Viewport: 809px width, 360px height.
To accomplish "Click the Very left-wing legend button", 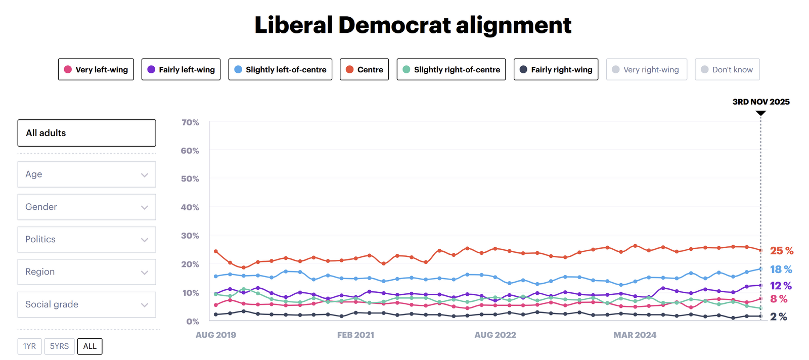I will click(96, 70).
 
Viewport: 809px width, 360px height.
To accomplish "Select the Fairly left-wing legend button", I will click(181, 70).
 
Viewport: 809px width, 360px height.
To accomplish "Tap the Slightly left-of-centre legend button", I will click(280, 70).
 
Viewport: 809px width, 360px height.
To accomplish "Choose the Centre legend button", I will click(364, 70).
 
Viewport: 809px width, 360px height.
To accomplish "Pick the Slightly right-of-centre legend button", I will click(451, 70).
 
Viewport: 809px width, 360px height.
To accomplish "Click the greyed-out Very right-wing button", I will click(646, 70).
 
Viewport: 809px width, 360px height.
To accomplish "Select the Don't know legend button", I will click(727, 70).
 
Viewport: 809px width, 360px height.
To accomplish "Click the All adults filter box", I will click(86, 133).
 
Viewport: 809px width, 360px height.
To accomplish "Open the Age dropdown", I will click(86, 174).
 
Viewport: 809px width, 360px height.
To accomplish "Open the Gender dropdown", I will click(86, 207).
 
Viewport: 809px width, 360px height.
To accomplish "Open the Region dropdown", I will click(86, 272).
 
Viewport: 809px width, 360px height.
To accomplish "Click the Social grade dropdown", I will click(86, 304).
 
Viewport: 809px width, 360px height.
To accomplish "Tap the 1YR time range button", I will click(29, 346).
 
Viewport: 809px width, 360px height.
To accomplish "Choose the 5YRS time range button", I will click(59, 346).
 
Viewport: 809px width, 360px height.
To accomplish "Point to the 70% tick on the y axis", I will click(190, 122).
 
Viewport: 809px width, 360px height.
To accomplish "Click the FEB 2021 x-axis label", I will click(355, 335).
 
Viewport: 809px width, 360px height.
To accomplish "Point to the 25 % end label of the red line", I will click(781, 251).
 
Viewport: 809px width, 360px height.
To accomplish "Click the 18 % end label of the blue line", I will click(781, 269).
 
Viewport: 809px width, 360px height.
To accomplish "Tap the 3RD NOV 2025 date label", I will click(760, 102).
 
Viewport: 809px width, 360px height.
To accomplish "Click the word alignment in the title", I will click(513, 25).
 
